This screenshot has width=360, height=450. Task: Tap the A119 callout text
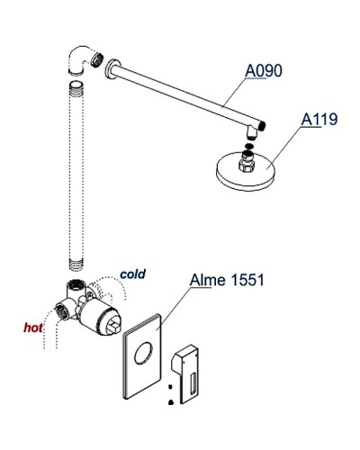tap(319, 120)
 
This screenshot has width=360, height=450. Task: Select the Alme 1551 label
tap(226, 280)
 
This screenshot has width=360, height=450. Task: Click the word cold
tap(132, 274)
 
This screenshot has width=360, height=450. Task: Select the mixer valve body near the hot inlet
tap(90, 310)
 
